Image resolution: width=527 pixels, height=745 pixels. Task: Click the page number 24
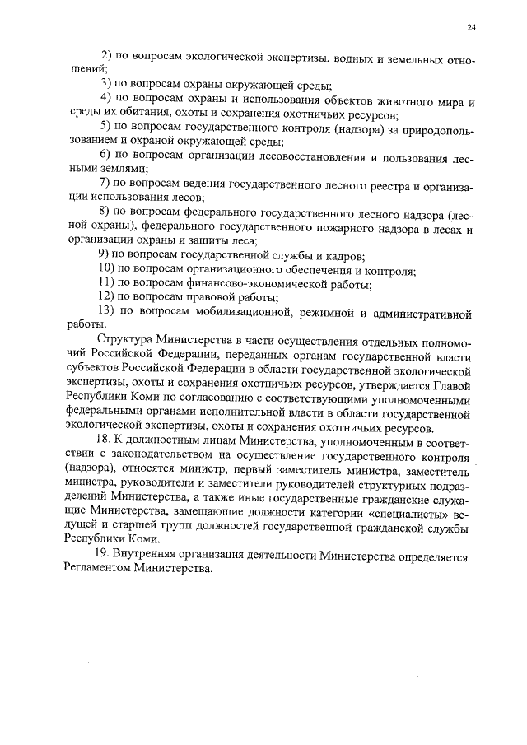(x=471, y=28)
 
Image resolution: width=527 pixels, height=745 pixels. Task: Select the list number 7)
(x=105, y=181)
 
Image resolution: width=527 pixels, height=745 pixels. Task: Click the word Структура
(x=124, y=340)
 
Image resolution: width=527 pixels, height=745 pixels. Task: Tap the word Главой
(x=450, y=384)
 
